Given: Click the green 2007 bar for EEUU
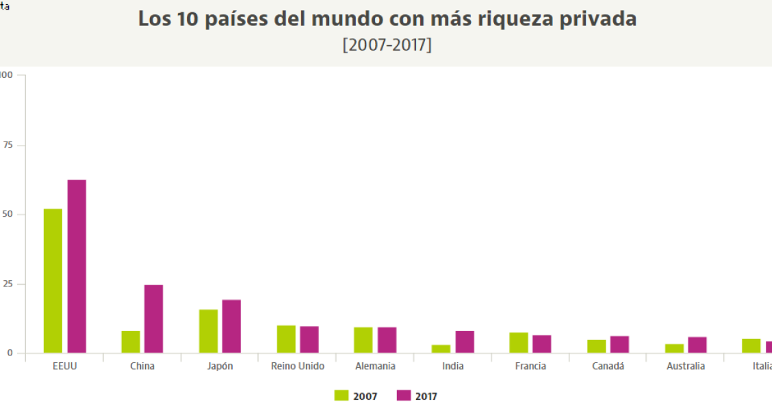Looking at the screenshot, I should (53, 280).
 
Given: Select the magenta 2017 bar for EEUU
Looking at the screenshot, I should (77, 266).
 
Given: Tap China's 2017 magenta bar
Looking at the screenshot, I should (153, 319).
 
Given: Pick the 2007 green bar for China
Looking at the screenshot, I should (131, 342).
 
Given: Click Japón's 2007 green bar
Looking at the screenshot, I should (208, 331).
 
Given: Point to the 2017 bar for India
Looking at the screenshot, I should (465, 342).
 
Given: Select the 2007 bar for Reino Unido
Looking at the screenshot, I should (286, 339).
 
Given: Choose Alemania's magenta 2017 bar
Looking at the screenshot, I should (387, 340).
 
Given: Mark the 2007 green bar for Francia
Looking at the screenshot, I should (519, 342).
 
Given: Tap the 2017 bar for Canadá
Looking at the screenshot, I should (619, 345).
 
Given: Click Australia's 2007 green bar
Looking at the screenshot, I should (674, 349).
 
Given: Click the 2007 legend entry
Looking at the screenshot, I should (356, 396).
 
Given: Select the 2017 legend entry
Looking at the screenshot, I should (417, 396).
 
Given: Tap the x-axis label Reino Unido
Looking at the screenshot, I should (297, 366).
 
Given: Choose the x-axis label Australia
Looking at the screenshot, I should (685, 366).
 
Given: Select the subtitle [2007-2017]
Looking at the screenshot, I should (387, 45).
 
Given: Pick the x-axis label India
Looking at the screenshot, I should (452, 366).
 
